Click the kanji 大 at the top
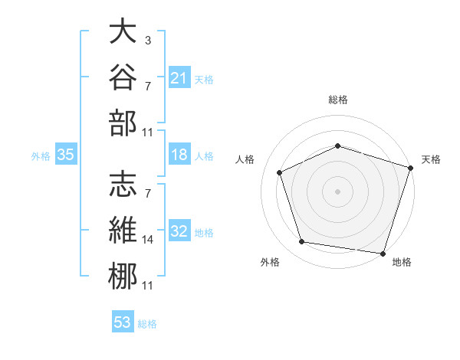(123, 31)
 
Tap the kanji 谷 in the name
(123, 77)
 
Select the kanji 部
(123, 123)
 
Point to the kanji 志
(123, 184)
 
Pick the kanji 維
(123, 230)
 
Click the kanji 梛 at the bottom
(123, 276)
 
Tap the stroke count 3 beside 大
(148, 41)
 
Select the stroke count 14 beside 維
(147, 240)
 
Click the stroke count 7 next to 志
(148, 194)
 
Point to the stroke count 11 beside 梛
(147, 286)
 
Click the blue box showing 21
(179, 77)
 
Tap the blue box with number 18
(179, 154)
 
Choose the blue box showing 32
(179, 230)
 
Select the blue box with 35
(66, 154)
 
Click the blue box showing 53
(123, 321)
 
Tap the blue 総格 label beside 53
(147, 324)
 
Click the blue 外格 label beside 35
(41, 156)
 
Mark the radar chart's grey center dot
(337, 191)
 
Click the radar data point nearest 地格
(383, 254)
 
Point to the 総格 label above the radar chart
(338, 100)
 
